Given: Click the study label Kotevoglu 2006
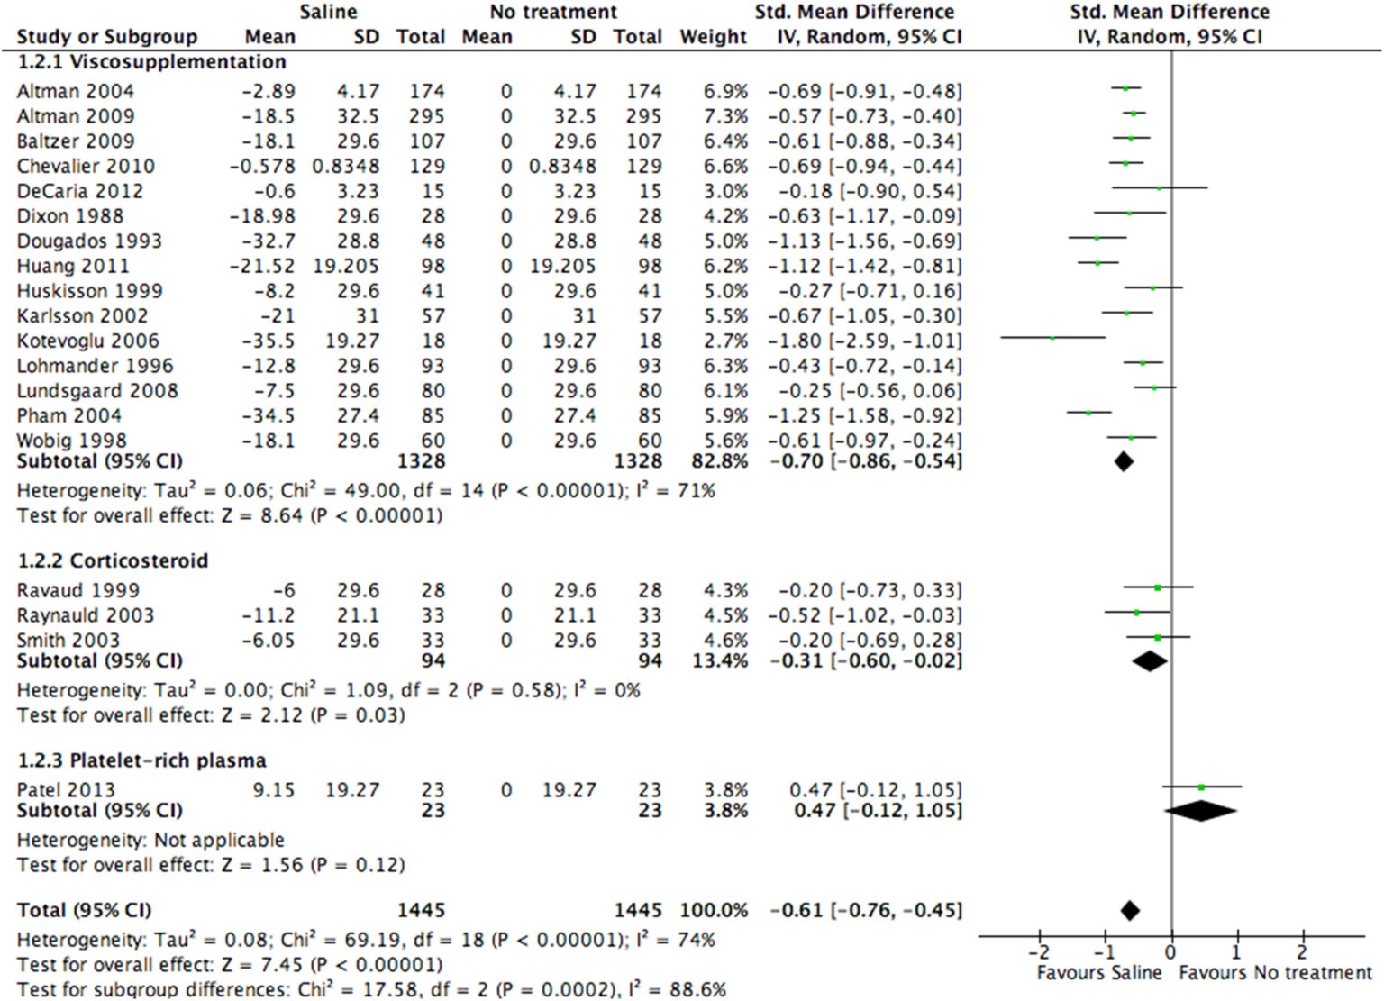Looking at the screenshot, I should coord(87,341).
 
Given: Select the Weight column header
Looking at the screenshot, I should coord(713,37).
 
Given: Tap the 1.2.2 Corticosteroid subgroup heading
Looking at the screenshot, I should coord(113,560).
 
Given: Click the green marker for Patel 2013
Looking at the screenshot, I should coord(1201,787).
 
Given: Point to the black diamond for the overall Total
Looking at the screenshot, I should coord(1130,910).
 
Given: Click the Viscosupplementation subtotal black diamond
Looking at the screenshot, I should coord(1124,461).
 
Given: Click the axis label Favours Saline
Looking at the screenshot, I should coord(1098,973).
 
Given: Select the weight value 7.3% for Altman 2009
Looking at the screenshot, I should coord(726,116).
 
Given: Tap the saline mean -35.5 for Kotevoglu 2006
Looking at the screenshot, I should coord(269,341).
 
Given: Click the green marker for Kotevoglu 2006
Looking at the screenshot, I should coord(1052,338).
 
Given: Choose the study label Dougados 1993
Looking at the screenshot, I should coord(89,241).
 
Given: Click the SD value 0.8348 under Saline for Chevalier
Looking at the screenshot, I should coord(346,166).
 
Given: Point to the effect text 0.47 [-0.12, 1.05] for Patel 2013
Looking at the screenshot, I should coord(875,790).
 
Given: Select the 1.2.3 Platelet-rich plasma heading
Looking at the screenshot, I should coord(141,760).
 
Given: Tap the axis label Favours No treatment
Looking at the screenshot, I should coord(1275,973).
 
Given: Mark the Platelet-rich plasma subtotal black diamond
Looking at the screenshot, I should coord(1200,810).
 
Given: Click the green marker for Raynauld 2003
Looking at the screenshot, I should coord(1136,613).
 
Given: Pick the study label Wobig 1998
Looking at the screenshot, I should coord(71,441).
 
